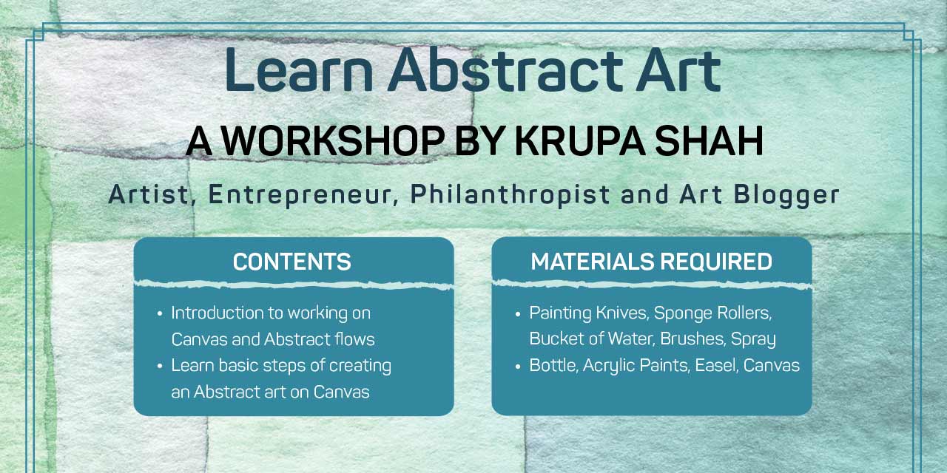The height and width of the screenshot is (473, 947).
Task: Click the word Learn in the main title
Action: [300, 69]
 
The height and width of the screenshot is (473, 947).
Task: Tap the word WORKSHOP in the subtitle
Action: [334, 141]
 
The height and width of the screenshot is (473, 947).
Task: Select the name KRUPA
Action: [580, 141]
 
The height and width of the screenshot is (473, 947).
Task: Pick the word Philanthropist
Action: [510, 196]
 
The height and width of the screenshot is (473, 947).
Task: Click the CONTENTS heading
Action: [292, 262]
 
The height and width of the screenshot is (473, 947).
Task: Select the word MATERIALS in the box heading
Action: [593, 262]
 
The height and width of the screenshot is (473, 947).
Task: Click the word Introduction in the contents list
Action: [218, 313]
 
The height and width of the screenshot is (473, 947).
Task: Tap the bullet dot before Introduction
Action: [159, 314]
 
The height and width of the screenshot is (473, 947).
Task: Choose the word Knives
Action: [622, 313]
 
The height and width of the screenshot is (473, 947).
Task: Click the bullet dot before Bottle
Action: [518, 366]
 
